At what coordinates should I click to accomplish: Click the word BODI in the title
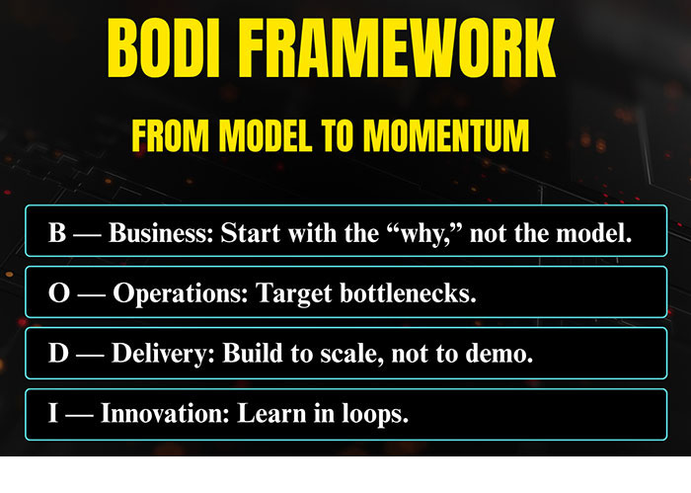click(x=164, y=48)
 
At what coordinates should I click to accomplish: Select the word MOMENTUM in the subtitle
click(x=446, y=135)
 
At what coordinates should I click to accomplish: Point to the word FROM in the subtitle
click(x=170, y=135)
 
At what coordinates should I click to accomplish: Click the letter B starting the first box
click(x=57, y=232)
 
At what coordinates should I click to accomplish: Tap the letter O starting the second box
click(x=59, y=292)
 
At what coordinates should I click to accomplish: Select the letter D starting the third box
click(x=58, y=353)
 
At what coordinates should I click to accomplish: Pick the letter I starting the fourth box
click(x=53, y=413)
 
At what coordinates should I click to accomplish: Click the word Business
click(x=161, y=232)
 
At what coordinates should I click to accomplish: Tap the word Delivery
click(x=163, y=354)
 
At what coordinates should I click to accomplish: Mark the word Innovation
click(x=165, y=413)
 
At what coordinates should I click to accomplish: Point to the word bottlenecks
click(x=408, y=292)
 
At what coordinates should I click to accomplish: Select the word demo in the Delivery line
click(x=499, y=354)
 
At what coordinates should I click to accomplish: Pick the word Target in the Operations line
click(x=294, y=293)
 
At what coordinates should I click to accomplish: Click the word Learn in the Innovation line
click(x=271, y=413)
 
